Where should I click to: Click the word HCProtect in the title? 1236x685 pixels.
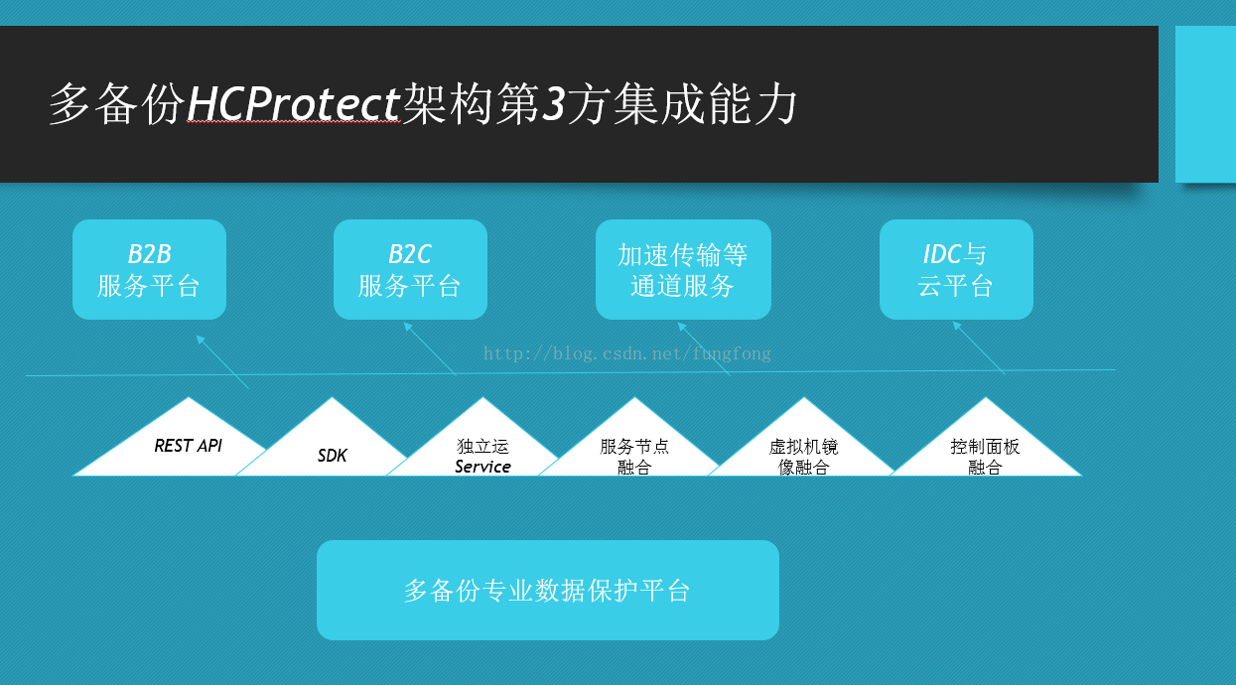pos(293,103)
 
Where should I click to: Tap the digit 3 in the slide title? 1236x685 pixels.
pos(553,103)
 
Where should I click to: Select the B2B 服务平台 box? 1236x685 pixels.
pos(150,269)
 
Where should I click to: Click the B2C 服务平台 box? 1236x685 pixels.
pos(410,269)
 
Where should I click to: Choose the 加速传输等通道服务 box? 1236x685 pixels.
pos(683,269)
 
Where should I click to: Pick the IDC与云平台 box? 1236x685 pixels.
pos(956,269)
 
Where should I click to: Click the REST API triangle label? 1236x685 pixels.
pos(189,446)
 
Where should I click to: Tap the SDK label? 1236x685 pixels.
pos(333,456)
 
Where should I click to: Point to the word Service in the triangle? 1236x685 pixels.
pos(482,467)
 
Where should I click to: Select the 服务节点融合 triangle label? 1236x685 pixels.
pos(634,457)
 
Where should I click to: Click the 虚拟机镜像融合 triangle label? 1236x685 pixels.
pos(803,457)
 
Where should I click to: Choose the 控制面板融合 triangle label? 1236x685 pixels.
pos(985,457)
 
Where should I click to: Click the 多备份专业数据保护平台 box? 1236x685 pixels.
pos(548,590)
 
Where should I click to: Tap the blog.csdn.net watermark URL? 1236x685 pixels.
pos(627,353)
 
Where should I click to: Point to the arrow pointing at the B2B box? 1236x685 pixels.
pos(222,362)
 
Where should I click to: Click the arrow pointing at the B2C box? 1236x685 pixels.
pos(431,348)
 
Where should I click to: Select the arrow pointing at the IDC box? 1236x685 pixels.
pos(979,348)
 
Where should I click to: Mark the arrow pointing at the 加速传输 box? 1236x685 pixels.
pos(704,349)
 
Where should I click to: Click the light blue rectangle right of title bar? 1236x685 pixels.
pos(1205,104)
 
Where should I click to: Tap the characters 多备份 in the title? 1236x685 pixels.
pos(117,104)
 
